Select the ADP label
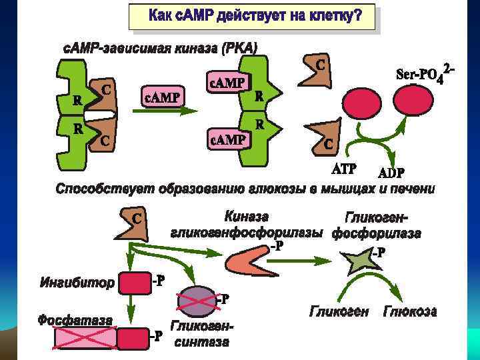[x=391, y=172]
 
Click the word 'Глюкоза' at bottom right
[x=409, y=311]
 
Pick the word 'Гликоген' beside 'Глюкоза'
[x=339, y=311]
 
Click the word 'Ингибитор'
[x=77, y=283]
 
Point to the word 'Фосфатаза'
[x=75, y=320]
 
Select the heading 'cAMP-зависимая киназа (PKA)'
[x=159, y=48]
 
